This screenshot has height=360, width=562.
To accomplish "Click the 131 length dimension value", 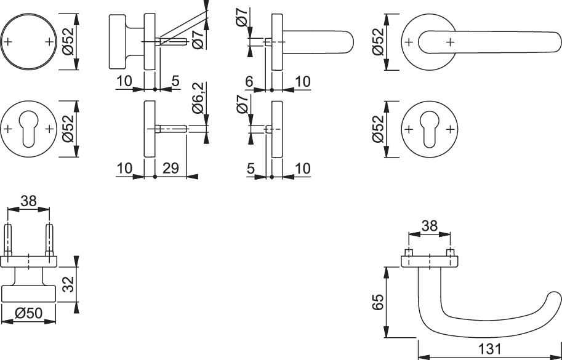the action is click(489, 349).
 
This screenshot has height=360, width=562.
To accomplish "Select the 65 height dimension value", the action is click(378, 302).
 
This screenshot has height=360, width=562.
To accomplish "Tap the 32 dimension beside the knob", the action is click(68, 284).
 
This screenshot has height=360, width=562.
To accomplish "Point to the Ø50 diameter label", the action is click(29, 313).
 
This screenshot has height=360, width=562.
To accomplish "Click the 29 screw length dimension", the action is click(171, 168).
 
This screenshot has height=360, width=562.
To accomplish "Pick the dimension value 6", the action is click(249, 82).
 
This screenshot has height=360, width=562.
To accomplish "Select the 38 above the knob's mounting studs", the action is click(29, 201).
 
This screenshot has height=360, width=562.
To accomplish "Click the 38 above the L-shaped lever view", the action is click(430, 226).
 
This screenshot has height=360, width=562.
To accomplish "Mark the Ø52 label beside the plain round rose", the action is click(68, 41).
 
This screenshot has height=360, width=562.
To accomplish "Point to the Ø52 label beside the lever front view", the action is click(378, 42).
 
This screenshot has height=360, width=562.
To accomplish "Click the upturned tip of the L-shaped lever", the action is click(555, 298).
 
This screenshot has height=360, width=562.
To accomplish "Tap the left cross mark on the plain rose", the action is click(8, 42).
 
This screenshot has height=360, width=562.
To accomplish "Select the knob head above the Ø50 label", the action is click(29, 294).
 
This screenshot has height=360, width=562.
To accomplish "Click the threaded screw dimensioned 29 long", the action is click(171, 129).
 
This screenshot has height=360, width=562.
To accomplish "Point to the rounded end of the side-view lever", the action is click(347, 42).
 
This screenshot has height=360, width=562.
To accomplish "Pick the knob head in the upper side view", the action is click(118, 42).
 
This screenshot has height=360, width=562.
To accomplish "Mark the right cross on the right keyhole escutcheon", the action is click(451, 129).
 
